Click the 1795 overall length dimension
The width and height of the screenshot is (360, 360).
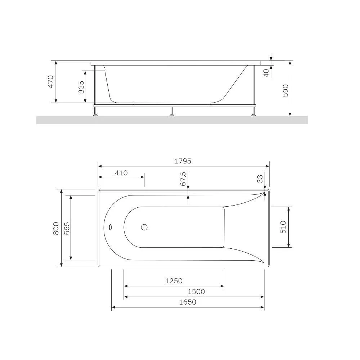[183, 161]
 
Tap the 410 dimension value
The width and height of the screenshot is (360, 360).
[121, 173]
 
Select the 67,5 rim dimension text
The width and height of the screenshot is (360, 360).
[183, 179]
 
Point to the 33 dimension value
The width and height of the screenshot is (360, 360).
[260, 179]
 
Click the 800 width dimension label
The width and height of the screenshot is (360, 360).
[56, 228]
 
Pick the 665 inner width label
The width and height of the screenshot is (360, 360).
[67, 228]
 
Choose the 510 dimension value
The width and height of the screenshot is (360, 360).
[283, 227]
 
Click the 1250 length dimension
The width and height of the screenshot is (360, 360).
[174, 281]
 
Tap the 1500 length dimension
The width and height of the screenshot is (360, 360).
[196, 292]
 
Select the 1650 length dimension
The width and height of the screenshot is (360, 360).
[188, 302]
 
